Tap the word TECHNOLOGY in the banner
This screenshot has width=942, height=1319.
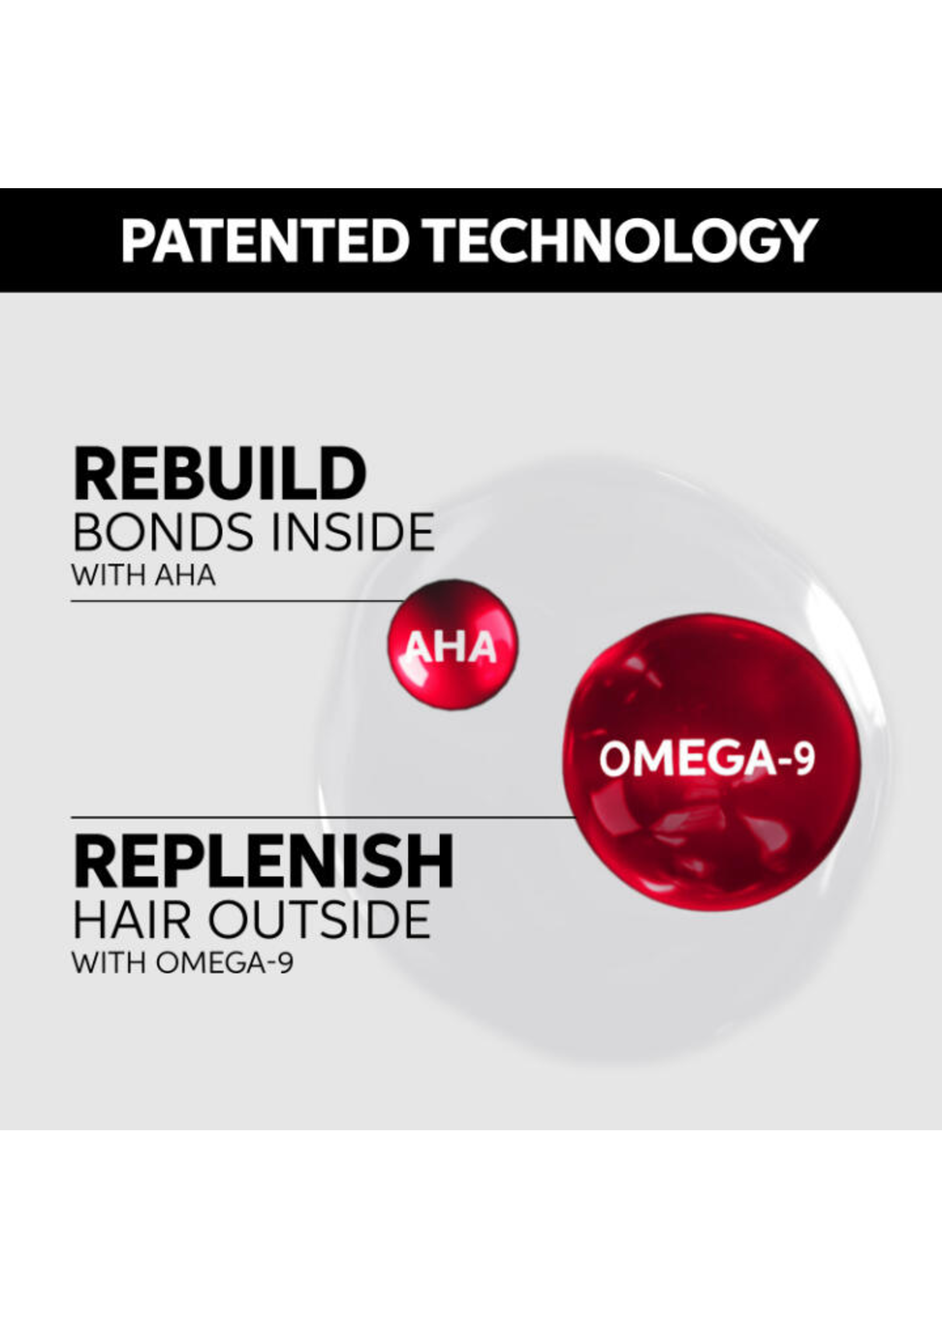620,240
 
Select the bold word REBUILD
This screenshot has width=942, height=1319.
220,474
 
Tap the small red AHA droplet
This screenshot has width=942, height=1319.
453,644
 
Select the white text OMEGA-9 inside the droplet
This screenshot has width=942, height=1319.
707,760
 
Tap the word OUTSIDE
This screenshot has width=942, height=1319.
319,920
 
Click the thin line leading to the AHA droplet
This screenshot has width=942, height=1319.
237,601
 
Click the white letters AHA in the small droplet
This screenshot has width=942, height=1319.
450,647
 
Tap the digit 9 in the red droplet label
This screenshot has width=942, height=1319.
804,760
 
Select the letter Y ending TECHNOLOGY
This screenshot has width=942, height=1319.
798,240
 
